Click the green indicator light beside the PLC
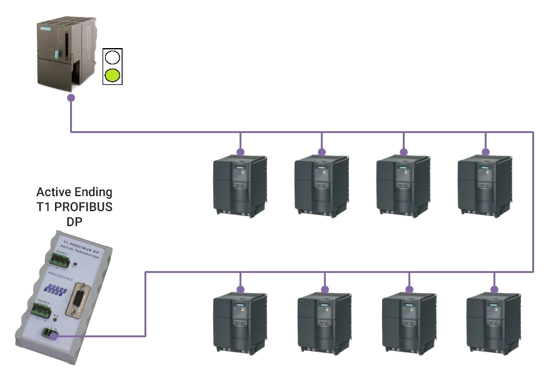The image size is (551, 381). point(113,76)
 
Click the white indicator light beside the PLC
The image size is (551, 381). point(113,58)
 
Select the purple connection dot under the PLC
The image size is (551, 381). point(71,98)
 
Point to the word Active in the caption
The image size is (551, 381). point(54,192)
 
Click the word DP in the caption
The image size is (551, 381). point(74,222)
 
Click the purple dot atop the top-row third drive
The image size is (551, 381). point(403,152)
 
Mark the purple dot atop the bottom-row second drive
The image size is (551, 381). point(325,289)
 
